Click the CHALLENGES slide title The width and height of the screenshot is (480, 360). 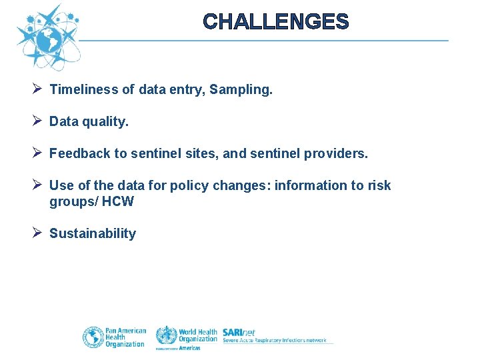tap(275, 22)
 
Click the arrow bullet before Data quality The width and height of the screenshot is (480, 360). tap(37, 121)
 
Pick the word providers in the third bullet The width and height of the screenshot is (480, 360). tap(335, 153)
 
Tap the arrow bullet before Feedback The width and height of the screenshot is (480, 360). tap(37, 153)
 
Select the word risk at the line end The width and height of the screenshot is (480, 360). tap(379, 185)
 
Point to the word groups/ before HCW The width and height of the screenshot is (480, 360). tap(73, 201)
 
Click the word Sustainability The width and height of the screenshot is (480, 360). tap(93, 233)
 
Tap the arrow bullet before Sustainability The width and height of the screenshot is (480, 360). tap(37, 233)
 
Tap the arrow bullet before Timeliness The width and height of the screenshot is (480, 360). tap(37, 89)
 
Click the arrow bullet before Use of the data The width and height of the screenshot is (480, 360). tap(37, 185)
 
